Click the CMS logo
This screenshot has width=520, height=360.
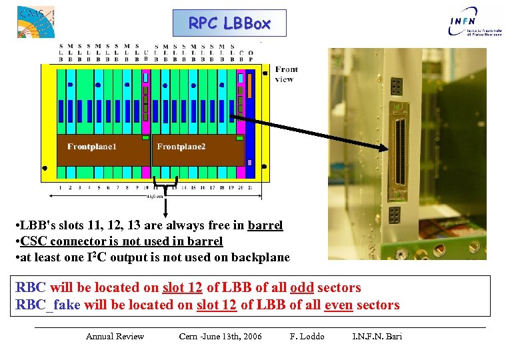(x=35, y=21)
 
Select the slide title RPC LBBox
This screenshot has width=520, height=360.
(x=229, y=23)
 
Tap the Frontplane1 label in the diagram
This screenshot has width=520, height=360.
(x=91, y=147)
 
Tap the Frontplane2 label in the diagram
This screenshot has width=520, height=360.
(x=181, y=147)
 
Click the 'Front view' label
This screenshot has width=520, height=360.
(x=286, y=74)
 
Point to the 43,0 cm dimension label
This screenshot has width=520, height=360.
(x=155, y=196)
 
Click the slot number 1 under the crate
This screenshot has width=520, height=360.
(x=61, y=188)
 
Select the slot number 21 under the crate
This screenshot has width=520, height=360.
(x=250, y=188)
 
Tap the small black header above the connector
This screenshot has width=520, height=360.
(x=396, y=85)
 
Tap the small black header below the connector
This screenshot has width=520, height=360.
(x=395, y=215)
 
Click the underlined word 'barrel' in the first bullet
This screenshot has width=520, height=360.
(x=265, y=225)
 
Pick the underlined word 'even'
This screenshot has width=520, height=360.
(x=339, y=305)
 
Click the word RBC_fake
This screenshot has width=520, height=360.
(x=47, y=305)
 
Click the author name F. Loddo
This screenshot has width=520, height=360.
(x=307, y=336)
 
